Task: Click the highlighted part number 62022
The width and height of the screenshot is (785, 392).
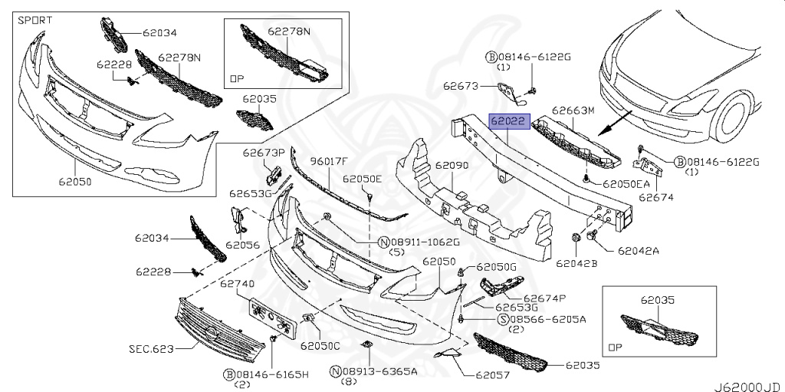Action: coord(507,121)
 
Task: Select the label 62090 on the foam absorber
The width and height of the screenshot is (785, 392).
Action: coord(452,165)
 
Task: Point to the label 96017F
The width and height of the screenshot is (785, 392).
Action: coord(329,161)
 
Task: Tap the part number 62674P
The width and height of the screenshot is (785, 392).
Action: coord(545,298)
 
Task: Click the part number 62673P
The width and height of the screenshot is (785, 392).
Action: coord(264,152)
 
